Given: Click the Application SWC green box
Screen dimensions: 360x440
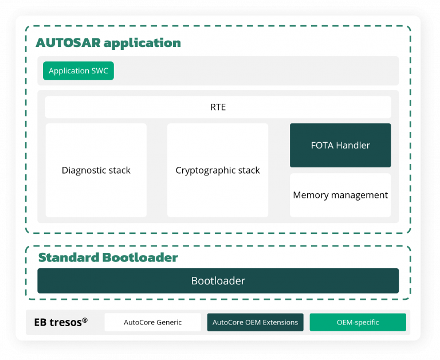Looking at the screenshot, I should (x=78, y=71).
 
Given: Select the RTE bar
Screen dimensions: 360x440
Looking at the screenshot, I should (x=218, y=107).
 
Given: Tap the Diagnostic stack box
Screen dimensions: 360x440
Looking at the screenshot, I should (x=96, y=170).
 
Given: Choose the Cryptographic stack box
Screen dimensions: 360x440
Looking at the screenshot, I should (x=218, y=170).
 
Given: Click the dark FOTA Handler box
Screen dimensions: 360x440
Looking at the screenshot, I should (x=340, y=146).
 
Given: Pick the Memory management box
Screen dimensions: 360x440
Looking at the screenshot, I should (x=340, y=195).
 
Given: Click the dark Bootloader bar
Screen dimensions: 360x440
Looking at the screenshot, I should (x=218, y=281).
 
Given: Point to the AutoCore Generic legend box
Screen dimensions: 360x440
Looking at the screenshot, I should (x=153, y=322).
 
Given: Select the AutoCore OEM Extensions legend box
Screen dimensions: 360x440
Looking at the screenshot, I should (x=256, y=322).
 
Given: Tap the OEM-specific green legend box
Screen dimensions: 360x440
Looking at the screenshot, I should (x=358, y=322).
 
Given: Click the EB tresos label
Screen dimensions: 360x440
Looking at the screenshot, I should (x=58, y=322).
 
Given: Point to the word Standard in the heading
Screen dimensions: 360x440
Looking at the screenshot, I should (x=68, y=257).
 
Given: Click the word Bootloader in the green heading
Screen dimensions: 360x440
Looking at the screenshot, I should (x=140, y=257).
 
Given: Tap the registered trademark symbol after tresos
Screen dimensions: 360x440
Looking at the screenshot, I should (x=85, y=320).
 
